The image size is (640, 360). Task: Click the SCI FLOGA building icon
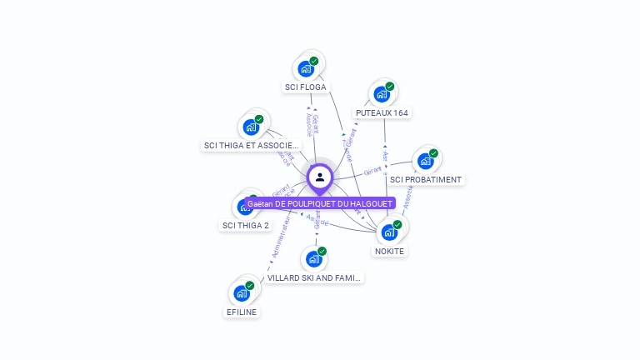306,68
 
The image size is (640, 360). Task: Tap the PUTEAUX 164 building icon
381,94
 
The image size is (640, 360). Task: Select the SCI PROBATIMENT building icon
425,161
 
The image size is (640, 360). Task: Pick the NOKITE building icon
388,232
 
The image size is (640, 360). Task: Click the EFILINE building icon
241,293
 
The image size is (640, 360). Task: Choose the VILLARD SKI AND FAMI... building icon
313,259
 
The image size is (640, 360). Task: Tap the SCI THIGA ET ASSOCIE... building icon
250,127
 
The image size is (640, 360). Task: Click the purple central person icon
320,177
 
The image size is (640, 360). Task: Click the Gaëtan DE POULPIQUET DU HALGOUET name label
320,203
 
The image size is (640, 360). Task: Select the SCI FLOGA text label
306,87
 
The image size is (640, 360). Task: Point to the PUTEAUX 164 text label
382,112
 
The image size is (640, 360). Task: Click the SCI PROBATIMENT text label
425,179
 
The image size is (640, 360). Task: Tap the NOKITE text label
389,251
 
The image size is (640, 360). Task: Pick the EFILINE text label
242,312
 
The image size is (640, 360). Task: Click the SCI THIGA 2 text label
245,225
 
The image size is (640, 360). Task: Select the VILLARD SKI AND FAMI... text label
315,277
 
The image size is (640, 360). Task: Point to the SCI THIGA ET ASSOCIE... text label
251,145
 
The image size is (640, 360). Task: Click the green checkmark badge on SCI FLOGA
314,61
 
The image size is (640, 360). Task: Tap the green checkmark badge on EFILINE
249,286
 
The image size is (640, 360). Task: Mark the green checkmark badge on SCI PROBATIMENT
433,153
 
